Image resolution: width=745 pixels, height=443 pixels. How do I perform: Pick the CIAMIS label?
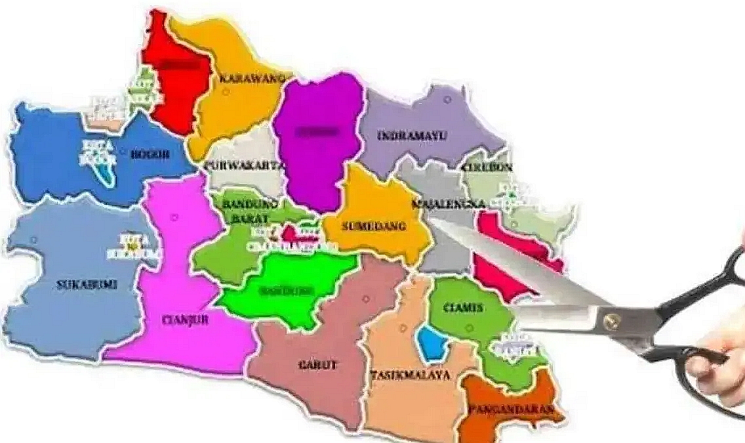[x=463, y=308]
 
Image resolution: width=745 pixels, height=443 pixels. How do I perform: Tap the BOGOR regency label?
[x=150, y=155]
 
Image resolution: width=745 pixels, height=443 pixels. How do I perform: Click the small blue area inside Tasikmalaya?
[x=430, y=343]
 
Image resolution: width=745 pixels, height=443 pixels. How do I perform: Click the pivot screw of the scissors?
[x=611, y=321]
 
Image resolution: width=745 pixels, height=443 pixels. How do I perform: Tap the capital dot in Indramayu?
[x=447, y=100]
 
